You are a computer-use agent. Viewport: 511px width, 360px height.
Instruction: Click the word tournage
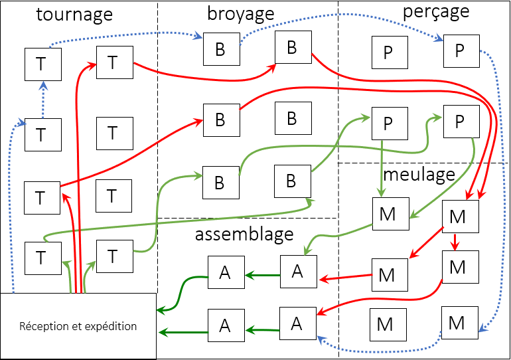point(74,15)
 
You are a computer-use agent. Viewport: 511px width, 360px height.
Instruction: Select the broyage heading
point(240,13)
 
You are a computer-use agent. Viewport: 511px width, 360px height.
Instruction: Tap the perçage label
point(435,11)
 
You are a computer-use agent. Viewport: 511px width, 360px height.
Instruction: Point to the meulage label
point(419,175)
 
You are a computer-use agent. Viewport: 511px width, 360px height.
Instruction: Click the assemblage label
point(244,234)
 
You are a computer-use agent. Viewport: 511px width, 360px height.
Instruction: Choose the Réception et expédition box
point(78,326)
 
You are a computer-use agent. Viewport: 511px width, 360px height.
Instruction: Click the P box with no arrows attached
point(388,52)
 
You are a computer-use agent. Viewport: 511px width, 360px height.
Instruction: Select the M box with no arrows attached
point(385,324)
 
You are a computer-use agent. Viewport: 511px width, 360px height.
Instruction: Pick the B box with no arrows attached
point(291,118)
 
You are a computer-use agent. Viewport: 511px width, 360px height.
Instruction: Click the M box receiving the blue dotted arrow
point(457,323)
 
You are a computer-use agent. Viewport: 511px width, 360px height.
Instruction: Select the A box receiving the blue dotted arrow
point(297,323)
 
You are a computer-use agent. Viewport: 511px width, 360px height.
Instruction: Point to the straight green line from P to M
point(383,166)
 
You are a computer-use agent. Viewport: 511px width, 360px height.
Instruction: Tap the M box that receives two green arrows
point(390,213)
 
